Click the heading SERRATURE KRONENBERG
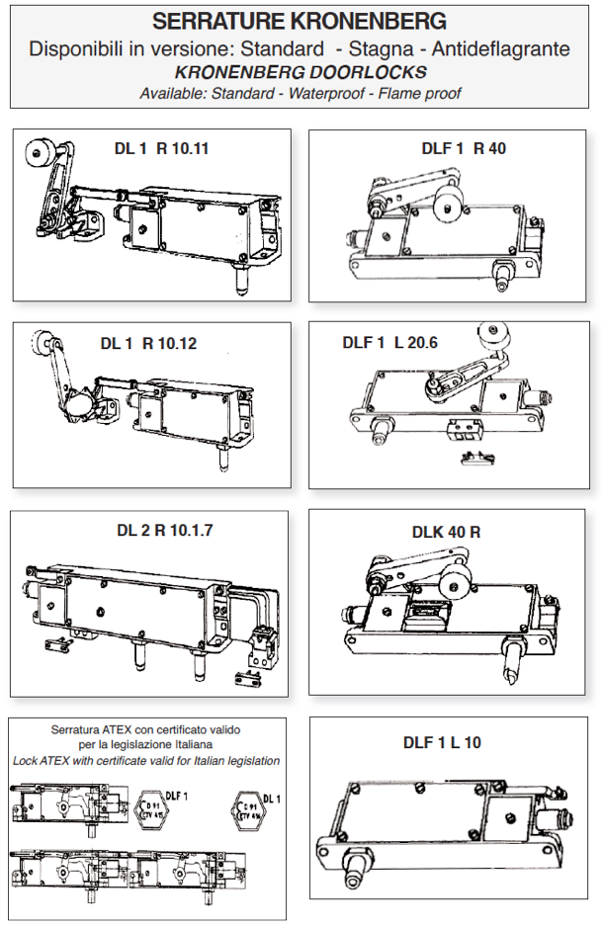point(300,22)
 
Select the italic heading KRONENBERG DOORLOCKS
point(300,72)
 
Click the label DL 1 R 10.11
point(161,150)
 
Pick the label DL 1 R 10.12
point(148,344)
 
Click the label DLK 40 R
point(446,532)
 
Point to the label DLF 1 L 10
point(442,742)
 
